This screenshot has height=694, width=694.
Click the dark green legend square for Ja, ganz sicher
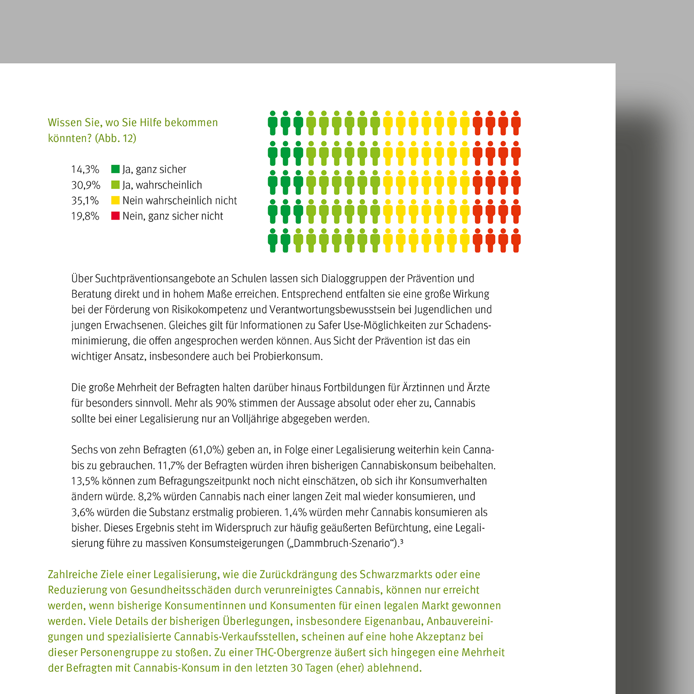115,169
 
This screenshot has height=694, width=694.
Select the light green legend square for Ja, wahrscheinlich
115,185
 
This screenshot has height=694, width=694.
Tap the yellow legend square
115,201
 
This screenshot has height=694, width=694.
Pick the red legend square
115,216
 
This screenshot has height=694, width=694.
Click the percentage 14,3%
85,169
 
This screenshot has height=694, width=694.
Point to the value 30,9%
86,185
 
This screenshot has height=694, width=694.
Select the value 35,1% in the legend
85,201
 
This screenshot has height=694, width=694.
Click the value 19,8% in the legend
85,216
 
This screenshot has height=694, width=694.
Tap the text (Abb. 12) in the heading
115,138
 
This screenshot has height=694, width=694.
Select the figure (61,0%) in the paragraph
206,450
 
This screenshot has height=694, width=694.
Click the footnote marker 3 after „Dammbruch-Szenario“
402,541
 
